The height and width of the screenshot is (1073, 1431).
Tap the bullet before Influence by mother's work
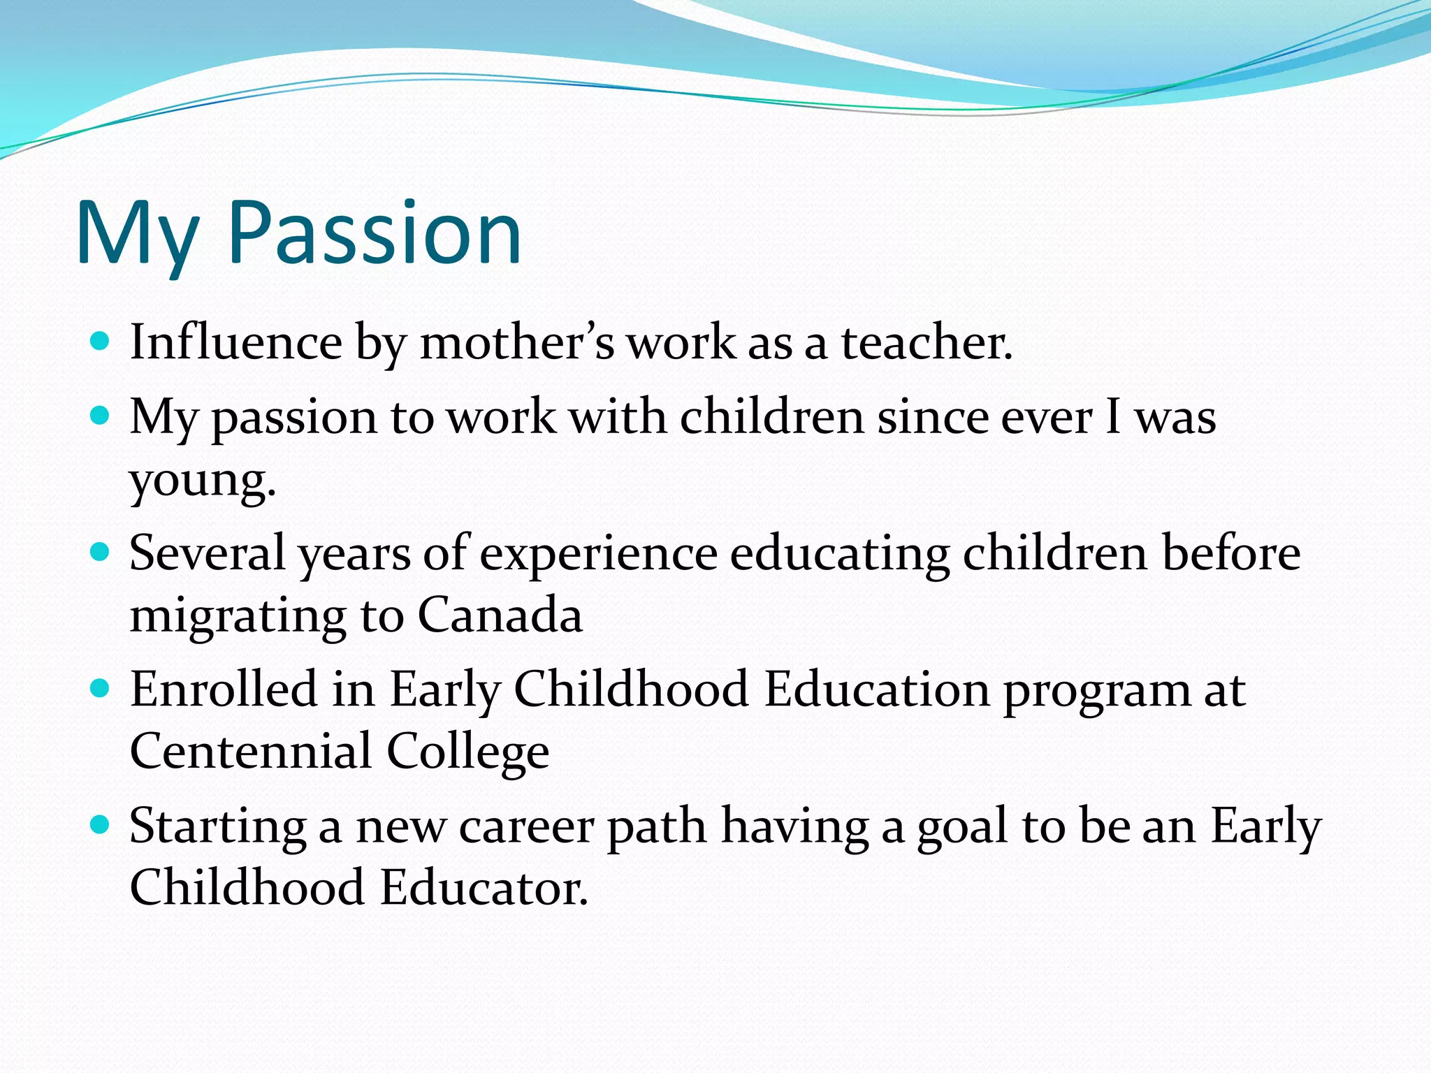click(x=101, y=342)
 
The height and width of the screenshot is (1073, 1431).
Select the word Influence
click(x=235, y=342)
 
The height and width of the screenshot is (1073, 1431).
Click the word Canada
click(x=500, y=615)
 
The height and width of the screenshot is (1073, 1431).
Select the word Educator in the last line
click(x=484, y=887)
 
